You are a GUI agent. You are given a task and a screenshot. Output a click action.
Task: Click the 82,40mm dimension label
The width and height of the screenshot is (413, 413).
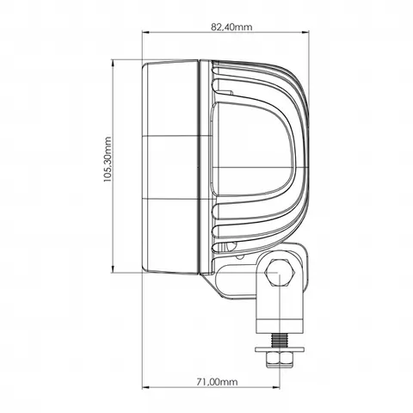point(231,27)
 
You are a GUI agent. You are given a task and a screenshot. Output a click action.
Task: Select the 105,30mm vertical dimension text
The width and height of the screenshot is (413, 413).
point(107,159)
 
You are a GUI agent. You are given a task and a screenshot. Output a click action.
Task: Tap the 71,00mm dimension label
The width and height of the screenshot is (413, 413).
point(217,382)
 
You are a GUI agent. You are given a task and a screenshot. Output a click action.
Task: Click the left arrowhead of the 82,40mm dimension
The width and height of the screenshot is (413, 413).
point(145,32)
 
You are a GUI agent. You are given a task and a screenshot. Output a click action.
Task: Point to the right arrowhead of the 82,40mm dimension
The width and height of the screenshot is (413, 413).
point(305,32)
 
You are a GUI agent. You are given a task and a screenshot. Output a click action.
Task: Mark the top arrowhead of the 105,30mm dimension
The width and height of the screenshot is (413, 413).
point(113,63)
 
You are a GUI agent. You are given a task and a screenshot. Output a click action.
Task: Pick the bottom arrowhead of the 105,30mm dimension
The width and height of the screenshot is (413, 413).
point(113,269)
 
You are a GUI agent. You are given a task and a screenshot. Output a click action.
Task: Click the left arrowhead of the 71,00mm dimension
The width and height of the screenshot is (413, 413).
point(145,387)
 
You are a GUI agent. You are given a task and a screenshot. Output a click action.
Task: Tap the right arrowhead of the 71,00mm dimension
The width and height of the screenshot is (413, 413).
point(276,387)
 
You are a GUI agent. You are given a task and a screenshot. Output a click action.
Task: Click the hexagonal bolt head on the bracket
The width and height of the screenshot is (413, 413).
point(280,273)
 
